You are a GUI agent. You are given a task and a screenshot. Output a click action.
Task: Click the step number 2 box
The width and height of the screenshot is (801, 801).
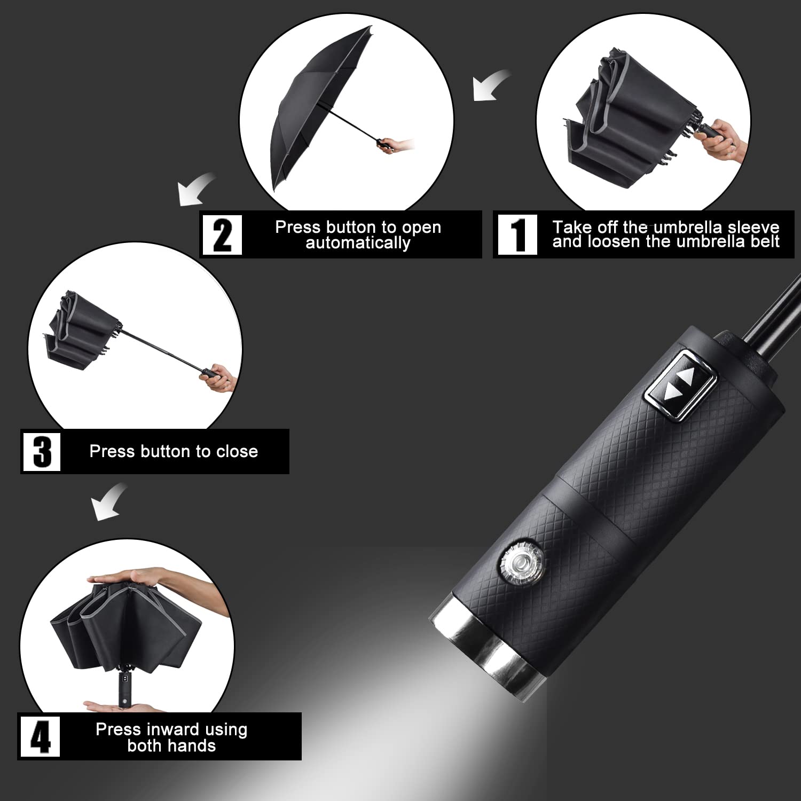pyautogui.click(x=222, y=234)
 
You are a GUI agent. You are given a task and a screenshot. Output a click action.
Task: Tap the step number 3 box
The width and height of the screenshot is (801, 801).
pyautogui.click(x=42, y=452)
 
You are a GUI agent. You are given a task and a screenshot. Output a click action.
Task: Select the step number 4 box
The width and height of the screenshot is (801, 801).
pyautogui.click(x=40, y=736)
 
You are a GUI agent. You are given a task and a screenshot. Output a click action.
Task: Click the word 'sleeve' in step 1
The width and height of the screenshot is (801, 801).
pyautogui.click(x=753, y=227)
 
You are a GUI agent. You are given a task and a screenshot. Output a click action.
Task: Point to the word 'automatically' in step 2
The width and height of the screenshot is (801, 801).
pyautogui.click(x=358, y=243)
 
